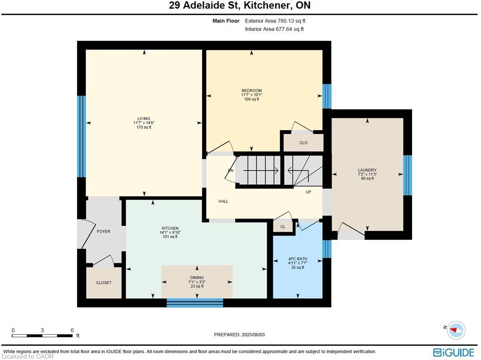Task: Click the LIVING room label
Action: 144,118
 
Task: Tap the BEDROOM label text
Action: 252,91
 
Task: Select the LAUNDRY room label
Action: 367,170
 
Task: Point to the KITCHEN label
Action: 170,228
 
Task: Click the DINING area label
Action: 197,277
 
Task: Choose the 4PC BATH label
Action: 297,259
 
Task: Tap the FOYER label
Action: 103,231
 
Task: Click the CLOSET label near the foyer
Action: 104,282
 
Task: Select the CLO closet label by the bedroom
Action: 303,143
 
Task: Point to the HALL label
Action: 223,201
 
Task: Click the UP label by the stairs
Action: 308,192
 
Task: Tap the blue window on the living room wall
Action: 81,137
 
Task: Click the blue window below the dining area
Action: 195,303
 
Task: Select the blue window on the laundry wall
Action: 407,175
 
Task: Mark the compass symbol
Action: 456,330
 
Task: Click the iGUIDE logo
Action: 454,352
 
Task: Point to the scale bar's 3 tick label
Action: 42,330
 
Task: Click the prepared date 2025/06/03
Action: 253,335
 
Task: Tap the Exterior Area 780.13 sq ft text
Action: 275,21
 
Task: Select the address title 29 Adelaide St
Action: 205,5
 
